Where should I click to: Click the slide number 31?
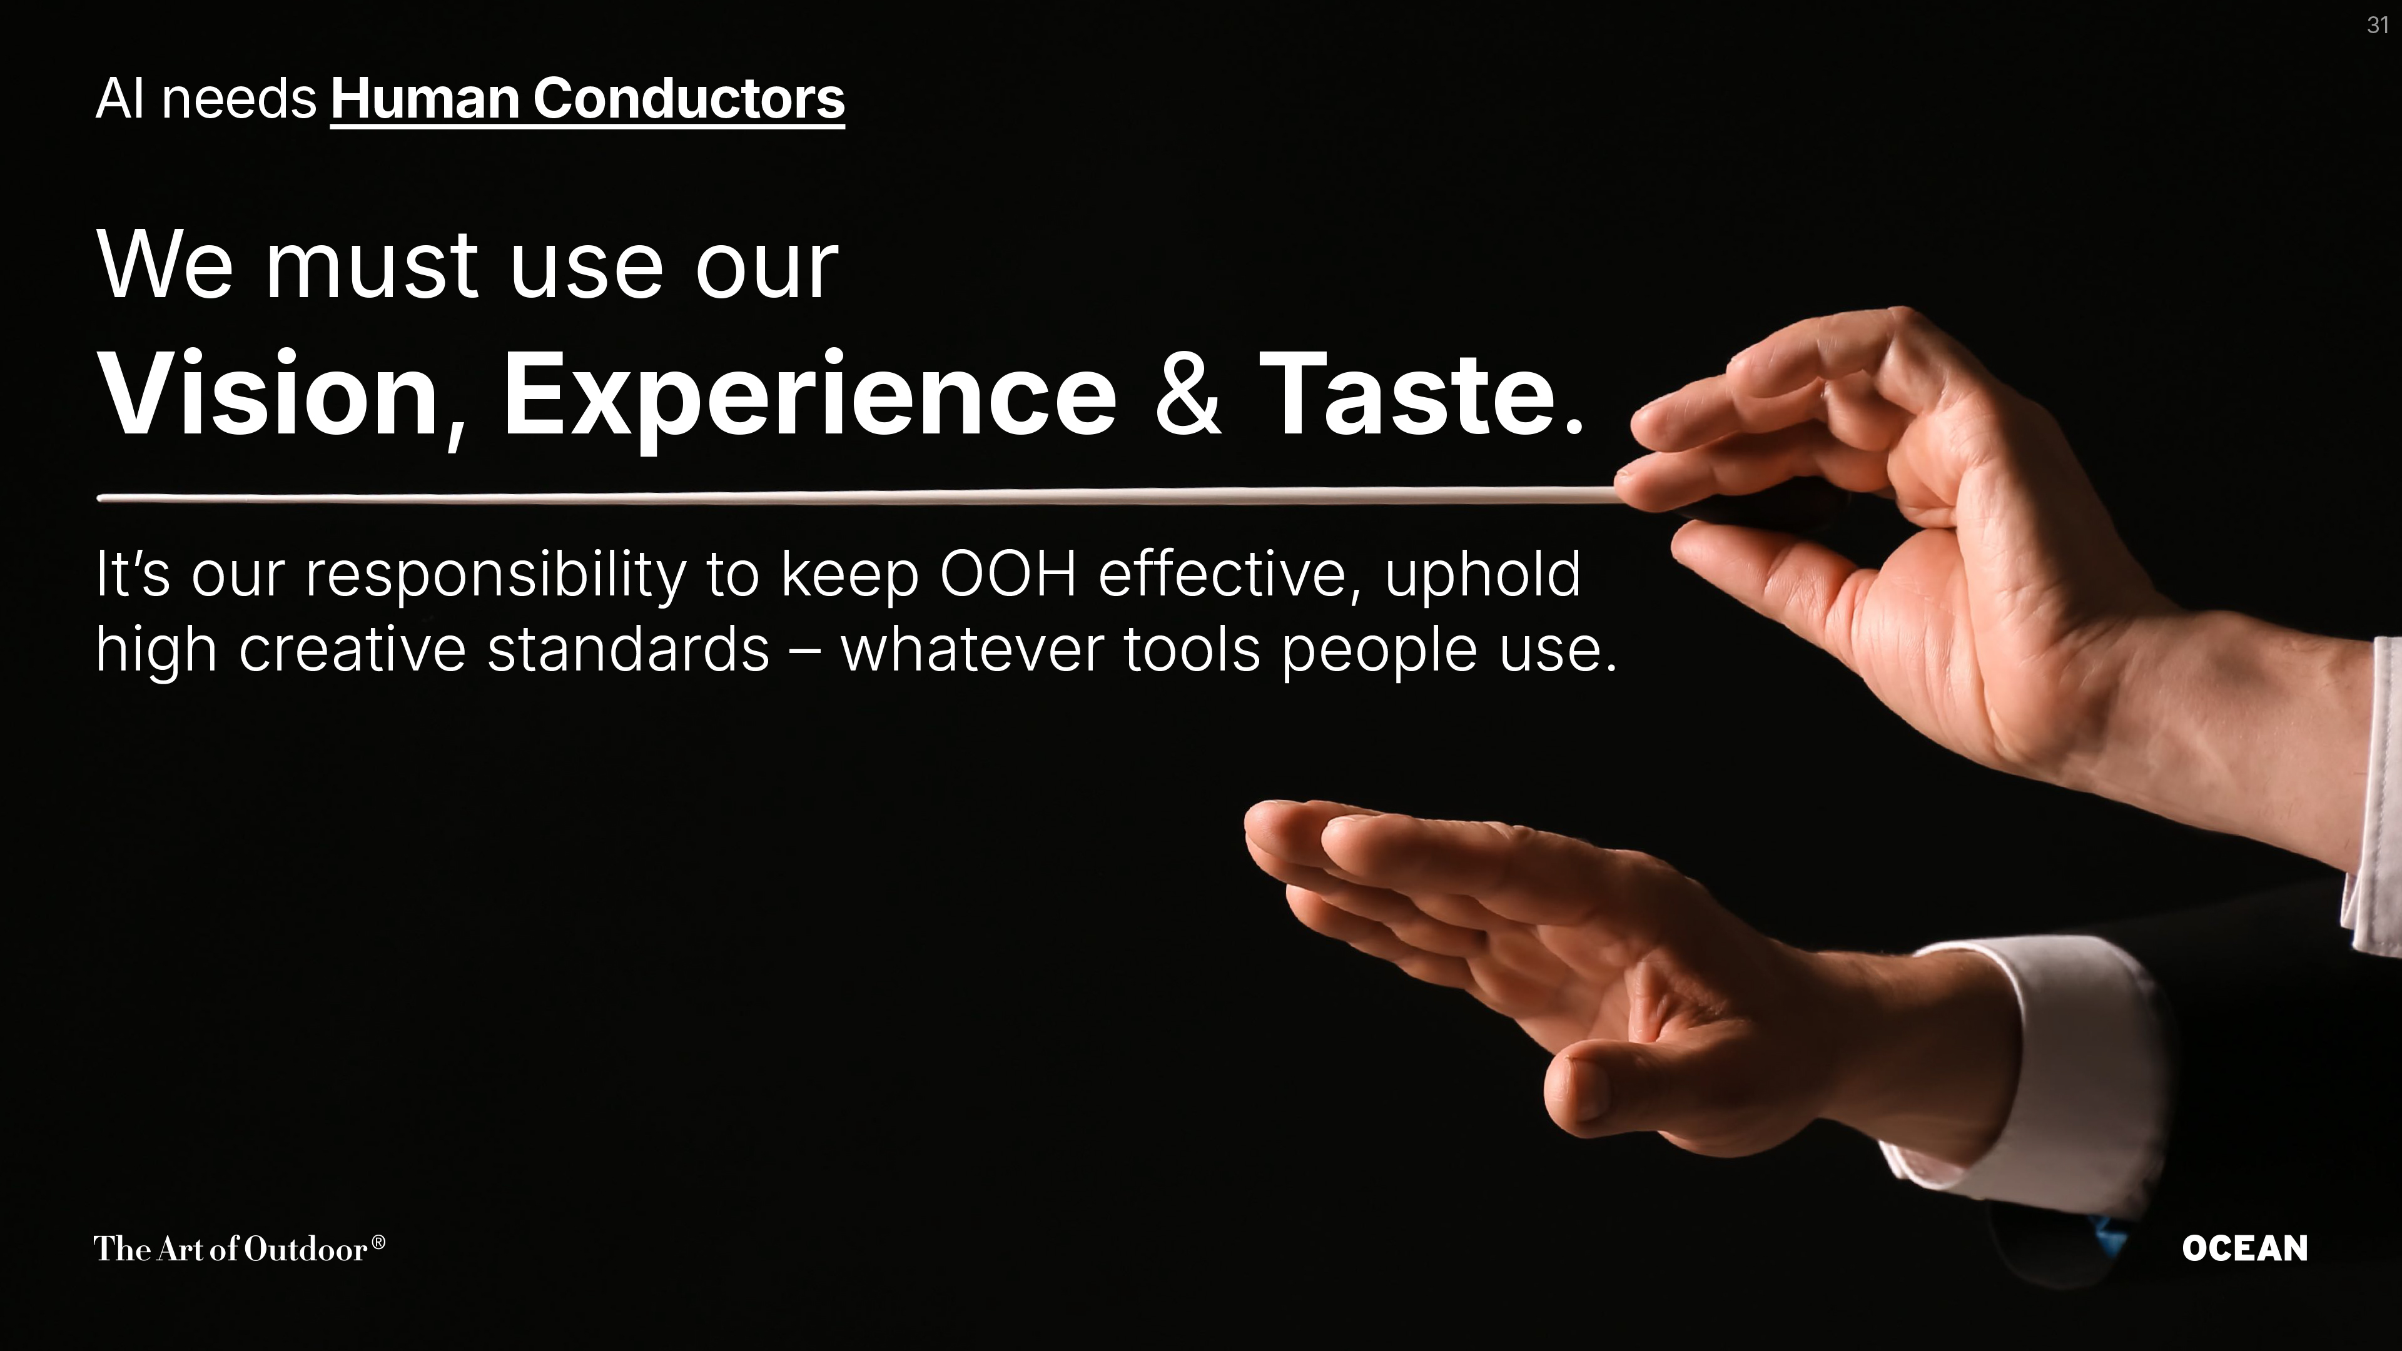pos(2377,25)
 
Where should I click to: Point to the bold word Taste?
pos(1406,393)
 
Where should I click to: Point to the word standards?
pos(627,649)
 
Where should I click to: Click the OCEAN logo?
pos(2244,1248)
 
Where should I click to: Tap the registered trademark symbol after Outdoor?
pos(378,1242)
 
